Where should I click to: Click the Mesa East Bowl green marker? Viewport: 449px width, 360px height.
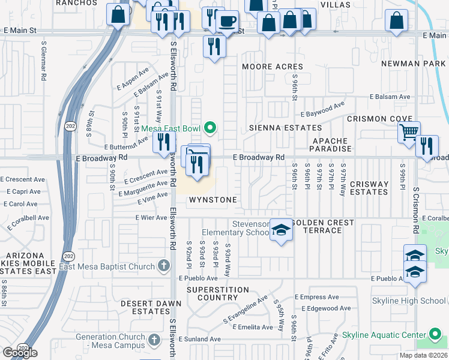[x=210, y=127]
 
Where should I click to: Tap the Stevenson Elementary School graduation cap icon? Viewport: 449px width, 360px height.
[x=281, y=230]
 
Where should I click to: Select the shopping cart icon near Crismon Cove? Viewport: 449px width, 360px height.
[x=409, y=131]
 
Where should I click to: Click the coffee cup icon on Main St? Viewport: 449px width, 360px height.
[x=227, y=22]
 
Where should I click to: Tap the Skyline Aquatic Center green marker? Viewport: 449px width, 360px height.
[x=436, y=334]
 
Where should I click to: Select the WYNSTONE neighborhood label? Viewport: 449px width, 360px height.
[x=213, y=199]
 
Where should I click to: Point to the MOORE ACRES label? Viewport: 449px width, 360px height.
[x=273, y=67]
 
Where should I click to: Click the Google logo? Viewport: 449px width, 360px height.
[x=19, y=353]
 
